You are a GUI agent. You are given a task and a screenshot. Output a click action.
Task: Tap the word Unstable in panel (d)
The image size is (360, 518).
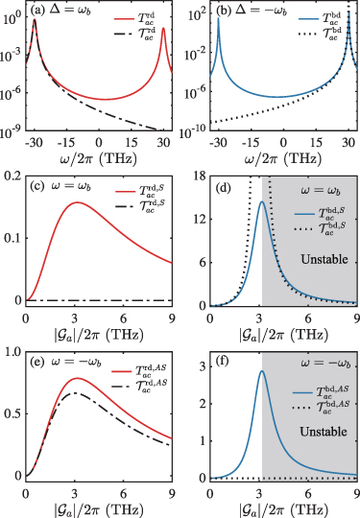click(x=324, y=259)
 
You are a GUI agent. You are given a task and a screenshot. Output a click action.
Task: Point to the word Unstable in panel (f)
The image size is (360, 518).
click(x=324, y=432)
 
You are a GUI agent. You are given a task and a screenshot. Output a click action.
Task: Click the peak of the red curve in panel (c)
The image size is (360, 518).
click(x=77, y=202)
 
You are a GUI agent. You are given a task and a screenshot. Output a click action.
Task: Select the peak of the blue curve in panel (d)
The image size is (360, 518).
click(x=262, y=201)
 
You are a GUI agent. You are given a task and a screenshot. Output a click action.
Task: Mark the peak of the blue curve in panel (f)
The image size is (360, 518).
click(x=262, y=370)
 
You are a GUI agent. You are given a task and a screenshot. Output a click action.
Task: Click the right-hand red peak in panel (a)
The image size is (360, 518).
click(x=163, y=28)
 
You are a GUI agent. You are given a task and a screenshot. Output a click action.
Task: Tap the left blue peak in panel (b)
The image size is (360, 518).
click(x=218, y=17)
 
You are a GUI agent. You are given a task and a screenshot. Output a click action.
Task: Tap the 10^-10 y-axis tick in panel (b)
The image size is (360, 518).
click(x=194, y=131)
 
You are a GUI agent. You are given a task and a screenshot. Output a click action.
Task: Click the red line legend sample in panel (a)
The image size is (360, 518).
click(x=124, y=19)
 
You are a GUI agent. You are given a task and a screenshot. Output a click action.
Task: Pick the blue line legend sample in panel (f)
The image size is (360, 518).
click(x=302, y=392)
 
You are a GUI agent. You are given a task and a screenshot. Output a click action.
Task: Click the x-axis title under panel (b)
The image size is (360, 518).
click(x=283, y=159)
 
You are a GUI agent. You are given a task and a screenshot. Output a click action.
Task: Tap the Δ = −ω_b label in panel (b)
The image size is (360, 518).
click(x=261, y=11)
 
